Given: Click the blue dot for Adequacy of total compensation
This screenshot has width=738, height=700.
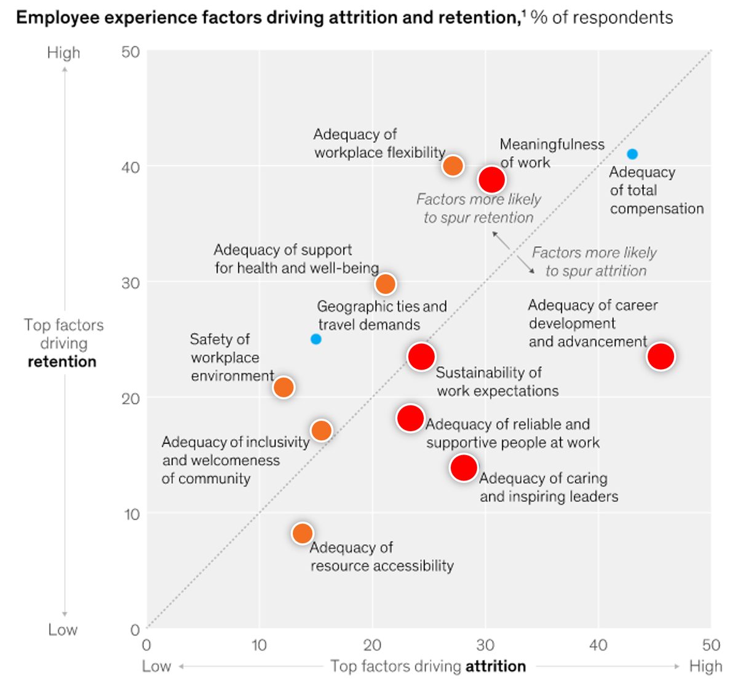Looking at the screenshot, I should [632, 154].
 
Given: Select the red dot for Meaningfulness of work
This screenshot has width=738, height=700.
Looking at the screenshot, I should [492, 180].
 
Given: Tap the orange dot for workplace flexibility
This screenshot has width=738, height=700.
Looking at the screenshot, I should [453, 165].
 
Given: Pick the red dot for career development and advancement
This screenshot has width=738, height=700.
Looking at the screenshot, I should [661, 356].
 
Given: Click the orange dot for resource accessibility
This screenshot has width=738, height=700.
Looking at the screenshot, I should [302, 533].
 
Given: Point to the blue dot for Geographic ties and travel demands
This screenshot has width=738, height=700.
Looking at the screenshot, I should [316, 339].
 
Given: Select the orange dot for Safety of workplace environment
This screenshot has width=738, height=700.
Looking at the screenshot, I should [284, 387].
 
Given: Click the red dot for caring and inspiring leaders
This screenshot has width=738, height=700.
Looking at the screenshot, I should [464, 467].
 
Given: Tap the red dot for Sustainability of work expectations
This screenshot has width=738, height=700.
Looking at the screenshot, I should [421, 356].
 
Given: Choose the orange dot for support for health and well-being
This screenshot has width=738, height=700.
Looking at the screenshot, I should [386, 284].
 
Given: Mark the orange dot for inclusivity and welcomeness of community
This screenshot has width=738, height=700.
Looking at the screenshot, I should [322, 430].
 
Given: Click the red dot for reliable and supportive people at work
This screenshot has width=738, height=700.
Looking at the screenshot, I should [410, 418].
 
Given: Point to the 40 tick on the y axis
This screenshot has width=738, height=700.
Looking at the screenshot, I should [130, 167].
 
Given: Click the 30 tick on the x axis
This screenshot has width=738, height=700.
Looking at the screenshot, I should [485, 645].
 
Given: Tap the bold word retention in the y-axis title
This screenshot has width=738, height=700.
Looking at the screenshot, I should [62, 362].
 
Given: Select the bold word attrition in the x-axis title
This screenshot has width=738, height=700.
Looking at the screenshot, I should [496, 666].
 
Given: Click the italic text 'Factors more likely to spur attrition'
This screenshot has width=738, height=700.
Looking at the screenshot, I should [595, 262].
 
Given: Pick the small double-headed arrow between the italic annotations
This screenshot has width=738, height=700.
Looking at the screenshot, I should [514, 253].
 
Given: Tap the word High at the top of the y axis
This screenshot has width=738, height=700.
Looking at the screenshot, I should [64, 53].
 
